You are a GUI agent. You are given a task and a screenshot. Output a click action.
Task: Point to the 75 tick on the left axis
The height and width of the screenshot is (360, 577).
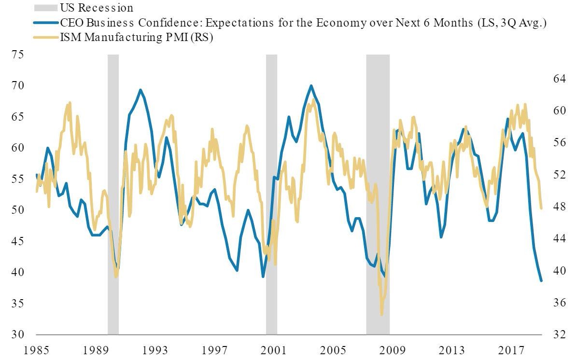(x=18, y=55)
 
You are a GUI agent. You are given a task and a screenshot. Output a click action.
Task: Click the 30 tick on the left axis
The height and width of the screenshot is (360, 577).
(x=18, y=334)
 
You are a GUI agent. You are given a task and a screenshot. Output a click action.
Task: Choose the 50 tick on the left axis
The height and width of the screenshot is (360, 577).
(x=18, y=210)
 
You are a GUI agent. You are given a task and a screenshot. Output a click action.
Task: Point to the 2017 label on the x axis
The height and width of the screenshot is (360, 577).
(x=511, y=349)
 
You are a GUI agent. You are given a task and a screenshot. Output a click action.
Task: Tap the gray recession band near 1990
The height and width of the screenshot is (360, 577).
(x=113, y=193)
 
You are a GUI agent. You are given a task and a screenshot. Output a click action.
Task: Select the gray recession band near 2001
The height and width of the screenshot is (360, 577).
(x=271, y=193)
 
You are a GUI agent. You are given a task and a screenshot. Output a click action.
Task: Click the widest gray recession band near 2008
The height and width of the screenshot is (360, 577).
(x=378, y=193)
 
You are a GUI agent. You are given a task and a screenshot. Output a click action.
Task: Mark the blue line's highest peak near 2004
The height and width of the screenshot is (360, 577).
(x=311, y=86)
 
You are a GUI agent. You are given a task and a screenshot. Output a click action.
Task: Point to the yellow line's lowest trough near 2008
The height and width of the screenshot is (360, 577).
(x=381, y=315)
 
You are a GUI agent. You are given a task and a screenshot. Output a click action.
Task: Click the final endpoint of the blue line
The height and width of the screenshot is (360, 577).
(x=541, y=280)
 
